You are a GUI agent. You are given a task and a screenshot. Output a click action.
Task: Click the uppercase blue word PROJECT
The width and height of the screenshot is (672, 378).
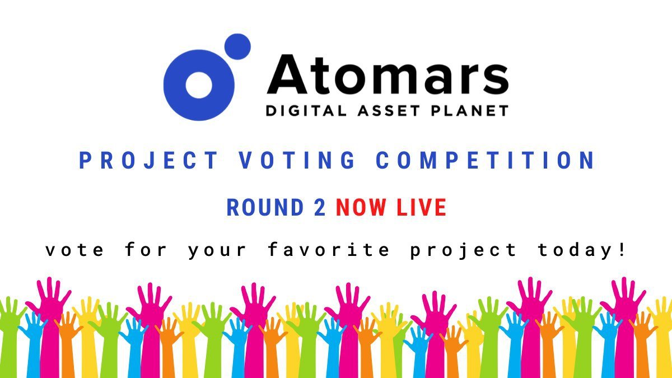[149, 161]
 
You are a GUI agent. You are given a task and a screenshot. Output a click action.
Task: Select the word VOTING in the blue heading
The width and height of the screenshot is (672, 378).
[297, 161]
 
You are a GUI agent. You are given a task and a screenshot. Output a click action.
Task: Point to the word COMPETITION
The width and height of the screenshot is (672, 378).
[485, 161]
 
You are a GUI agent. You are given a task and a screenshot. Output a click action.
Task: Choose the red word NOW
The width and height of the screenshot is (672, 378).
[361, 208]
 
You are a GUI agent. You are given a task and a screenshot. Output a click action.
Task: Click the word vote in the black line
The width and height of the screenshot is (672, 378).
[74, 250]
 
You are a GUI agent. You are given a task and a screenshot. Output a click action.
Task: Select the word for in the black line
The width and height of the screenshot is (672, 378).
[146, 250]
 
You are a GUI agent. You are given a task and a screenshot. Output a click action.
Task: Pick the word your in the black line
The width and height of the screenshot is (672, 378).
[217, 250]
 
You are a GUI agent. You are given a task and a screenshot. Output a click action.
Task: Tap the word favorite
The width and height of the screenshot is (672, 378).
[329, 250]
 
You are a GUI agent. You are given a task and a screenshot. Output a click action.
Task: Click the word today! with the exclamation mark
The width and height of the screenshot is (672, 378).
[581, 250]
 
